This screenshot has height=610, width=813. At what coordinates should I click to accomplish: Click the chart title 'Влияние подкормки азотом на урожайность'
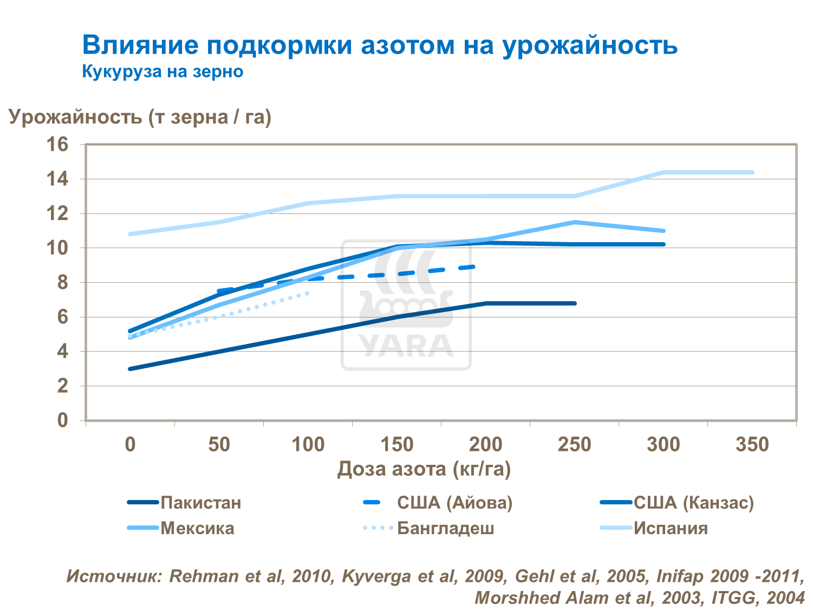[379, 45]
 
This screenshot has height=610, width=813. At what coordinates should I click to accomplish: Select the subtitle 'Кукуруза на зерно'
[162, 72]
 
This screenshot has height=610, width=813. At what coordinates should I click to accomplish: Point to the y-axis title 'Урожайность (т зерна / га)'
[140, 116]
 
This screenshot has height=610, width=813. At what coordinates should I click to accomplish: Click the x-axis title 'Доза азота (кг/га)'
[424, 469]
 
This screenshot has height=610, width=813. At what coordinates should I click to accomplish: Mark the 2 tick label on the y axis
[62, 386]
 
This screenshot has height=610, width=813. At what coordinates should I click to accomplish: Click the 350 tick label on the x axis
[752, 445]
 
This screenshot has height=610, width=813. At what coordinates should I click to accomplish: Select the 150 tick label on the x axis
[396, 445]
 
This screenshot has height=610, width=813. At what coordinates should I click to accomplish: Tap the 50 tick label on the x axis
[219, 445]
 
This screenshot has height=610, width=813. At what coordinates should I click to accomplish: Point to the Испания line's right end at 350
[752, 172]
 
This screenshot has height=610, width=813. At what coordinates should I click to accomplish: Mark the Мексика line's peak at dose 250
[575, 222]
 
